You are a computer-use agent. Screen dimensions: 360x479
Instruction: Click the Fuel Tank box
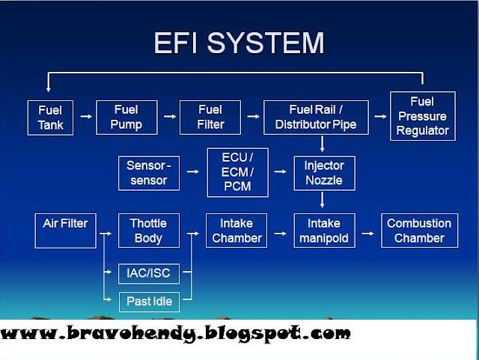pos(50,117)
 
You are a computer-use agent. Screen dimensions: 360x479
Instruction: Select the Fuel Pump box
pos(126,117)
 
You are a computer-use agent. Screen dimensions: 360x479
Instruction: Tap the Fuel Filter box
pos(211,117)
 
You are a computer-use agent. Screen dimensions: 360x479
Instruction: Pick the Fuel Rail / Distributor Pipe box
pos(317,117)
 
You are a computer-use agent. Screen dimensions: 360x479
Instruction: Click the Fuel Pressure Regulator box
pos(423,116)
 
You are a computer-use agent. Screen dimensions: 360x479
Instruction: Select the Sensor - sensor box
pos(147,173)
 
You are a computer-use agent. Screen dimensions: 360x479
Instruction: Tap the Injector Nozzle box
pos(323,173)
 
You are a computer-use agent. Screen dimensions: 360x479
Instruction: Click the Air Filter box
pos(65,231)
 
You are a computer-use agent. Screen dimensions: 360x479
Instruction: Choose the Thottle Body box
pos(148,231)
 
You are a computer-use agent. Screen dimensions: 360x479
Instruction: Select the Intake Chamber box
pos(237,231)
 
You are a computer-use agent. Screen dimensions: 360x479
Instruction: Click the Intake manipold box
pos(323,231)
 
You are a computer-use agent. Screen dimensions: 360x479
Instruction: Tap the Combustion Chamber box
pos(419,231)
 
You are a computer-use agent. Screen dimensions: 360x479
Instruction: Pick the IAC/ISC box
pos(149,273)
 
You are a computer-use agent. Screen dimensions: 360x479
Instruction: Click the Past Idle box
pos(149,302)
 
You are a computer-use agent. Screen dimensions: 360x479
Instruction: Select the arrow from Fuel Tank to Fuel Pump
pos(86,117)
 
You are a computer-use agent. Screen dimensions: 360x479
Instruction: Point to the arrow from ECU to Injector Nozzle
pos(281,173)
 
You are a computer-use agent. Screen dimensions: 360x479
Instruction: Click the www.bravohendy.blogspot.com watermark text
pos(176,334)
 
